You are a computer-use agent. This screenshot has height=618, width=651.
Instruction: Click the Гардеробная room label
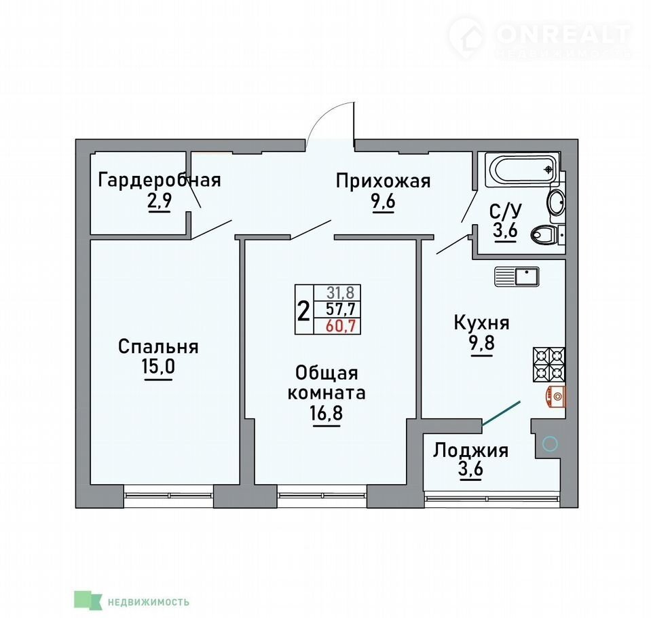click(160, 180)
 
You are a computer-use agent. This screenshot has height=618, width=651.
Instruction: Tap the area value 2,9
click(159, 202)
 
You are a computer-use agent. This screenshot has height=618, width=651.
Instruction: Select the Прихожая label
click(383, 181)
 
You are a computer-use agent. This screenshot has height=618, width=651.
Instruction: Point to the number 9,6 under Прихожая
click(384, 202)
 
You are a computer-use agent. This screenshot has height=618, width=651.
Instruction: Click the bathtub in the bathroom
click(523, 169)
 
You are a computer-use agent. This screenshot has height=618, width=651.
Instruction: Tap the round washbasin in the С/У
click(556, 202)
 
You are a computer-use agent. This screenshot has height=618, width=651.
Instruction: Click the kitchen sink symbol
click(517, 276)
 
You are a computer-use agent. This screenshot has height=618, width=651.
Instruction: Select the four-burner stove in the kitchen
click(549, 365)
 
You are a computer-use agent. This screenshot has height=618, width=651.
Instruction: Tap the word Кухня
click(481, 323)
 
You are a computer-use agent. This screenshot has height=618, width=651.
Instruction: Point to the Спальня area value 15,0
click(158, 367)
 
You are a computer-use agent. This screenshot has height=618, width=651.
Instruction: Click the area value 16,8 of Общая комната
click(326, 414)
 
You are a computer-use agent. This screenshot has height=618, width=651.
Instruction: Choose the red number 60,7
click(341, 326)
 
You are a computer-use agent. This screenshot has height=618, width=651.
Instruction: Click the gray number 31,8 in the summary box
click(341, 293)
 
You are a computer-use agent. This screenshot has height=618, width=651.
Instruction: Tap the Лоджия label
click(470, 451)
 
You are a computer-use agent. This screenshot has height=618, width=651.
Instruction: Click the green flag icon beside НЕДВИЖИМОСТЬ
click(88, 600)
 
